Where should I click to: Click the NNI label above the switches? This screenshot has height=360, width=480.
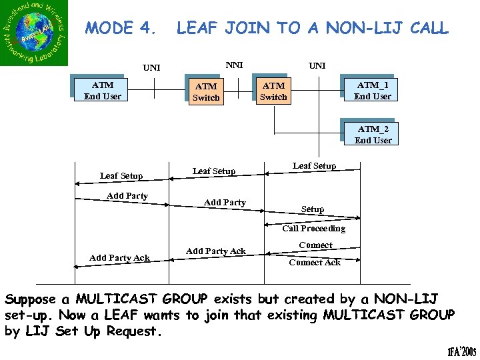[x=234, y=65]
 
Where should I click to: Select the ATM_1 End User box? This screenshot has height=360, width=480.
[x=373, y=91]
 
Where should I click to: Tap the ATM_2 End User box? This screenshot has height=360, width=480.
[x=373, y=135]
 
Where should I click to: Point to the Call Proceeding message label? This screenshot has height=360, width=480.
[x=313, y=229]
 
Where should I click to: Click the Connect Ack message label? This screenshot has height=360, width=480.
[x=315, y=263]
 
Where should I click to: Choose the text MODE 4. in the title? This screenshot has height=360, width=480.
[x=122, y=28]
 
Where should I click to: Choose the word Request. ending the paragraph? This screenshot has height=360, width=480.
[x=136, y=331]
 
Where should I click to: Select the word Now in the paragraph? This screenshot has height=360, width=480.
[x=70, y=315]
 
